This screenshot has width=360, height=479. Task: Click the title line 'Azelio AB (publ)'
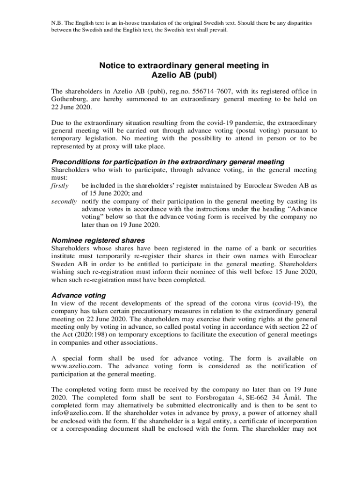pos(184,74)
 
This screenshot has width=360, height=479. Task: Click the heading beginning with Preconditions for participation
pos(167,162)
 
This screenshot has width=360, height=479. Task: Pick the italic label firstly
pos(59,186)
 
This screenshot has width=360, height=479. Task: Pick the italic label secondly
pos(64,201)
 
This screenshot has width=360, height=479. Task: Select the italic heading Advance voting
pos(79,296)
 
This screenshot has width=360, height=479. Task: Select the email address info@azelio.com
pos(75,414)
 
